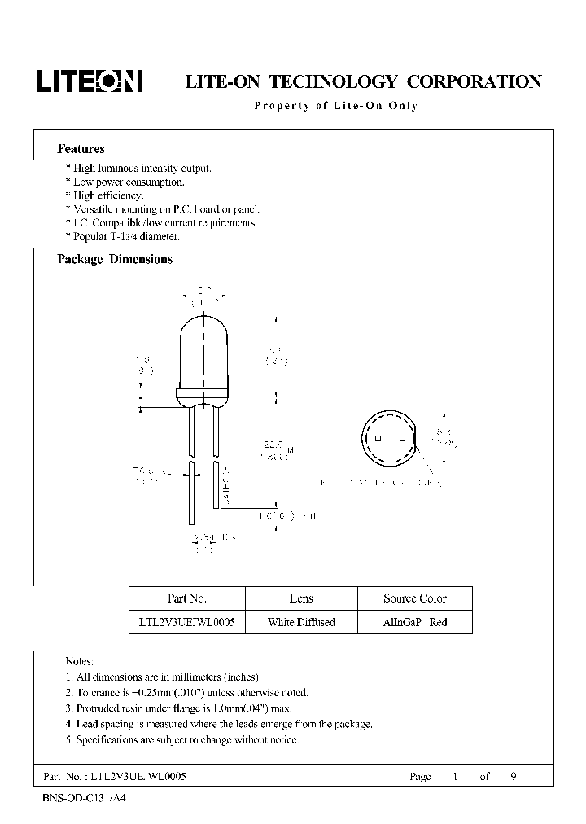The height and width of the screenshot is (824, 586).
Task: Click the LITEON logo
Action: [88, 81]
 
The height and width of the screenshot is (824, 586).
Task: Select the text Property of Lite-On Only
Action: [335, 106]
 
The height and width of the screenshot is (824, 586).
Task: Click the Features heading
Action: [81, 149]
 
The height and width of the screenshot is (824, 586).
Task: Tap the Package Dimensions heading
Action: [115, 259]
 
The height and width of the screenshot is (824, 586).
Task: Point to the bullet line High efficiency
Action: [108, 195]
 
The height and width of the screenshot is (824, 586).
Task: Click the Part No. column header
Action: [186, 598]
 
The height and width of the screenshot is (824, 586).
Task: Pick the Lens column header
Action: [301, 598]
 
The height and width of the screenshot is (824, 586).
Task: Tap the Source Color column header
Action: [415, 598]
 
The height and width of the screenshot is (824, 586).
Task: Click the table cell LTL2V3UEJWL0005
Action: [186, 622]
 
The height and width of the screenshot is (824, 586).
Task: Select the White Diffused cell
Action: [301, 622]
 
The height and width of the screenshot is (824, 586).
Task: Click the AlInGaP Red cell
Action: [415, 622]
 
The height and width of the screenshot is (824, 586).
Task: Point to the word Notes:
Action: [79, 661]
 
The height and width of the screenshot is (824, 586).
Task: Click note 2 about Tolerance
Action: [186, 693]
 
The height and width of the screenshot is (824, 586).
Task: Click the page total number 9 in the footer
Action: [513, 776]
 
